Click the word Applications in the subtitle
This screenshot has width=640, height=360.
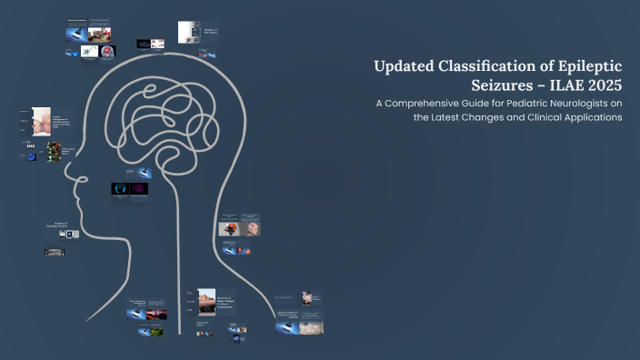(586, 120)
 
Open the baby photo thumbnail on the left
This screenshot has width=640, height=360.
(40, 121)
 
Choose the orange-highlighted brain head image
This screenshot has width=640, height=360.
(229, 229)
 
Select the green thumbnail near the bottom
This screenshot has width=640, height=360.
(156, 333)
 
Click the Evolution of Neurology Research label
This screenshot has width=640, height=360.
(56, 225)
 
